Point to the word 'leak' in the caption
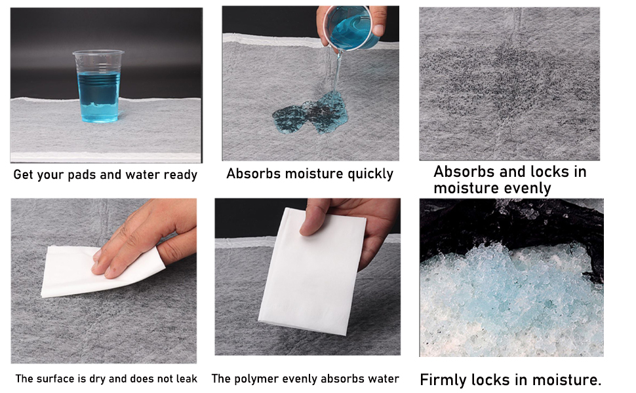coord(185,379)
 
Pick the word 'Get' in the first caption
coord(24,176)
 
